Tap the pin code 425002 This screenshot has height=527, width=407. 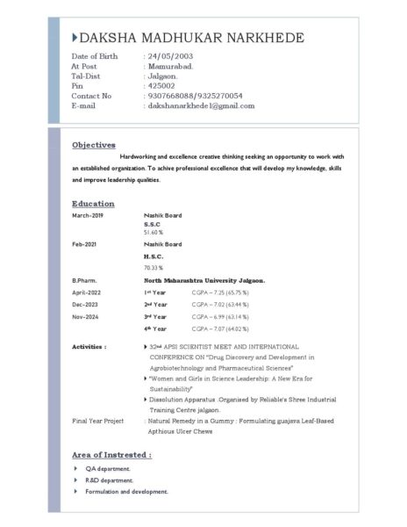[161, 86]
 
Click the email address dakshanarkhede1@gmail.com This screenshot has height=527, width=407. [201, 105]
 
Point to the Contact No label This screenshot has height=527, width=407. [91, 96]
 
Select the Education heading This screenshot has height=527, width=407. [93, 203]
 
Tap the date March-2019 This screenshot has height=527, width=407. [88, 215]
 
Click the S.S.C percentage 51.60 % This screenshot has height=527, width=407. [154, 233]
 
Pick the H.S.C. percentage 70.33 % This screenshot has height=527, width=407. [154, 267]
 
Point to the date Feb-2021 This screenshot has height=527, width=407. [86, 243]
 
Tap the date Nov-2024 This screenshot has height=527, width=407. [87, 315]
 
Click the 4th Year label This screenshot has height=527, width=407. [155, 328]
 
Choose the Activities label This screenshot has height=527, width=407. [89, 347]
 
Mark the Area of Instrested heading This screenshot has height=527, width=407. [111, 455]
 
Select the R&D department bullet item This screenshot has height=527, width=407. [108, 480]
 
